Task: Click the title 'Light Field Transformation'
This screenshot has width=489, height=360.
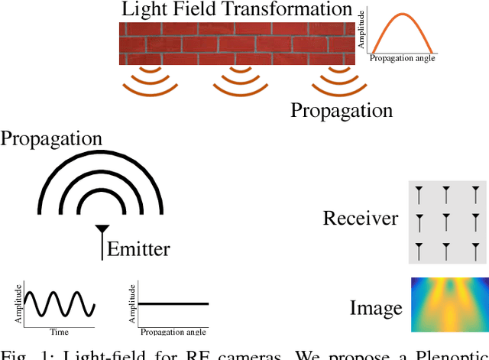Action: click(x=237, y=10)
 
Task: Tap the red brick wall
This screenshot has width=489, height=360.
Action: click(x=237, y=44)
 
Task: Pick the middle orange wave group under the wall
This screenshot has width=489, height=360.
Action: click(x=241, y=82)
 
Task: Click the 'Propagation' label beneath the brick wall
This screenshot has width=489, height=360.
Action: click(x=341, y=110)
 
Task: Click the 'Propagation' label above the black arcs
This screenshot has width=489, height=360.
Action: click(x=51, y=138)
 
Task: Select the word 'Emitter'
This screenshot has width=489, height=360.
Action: click(x=138, y=249)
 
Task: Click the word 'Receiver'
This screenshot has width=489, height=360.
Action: click(x=361, y=219)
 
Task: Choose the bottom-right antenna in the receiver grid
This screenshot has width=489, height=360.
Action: click(x=475, y=249)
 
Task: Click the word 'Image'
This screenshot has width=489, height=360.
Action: click(x=376, y=308)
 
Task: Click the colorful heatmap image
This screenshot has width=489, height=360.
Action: click(x=449, y=305)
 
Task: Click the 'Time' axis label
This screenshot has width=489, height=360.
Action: click(x=59, y=332)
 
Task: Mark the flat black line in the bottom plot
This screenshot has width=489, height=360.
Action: click(x=173, y=304)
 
